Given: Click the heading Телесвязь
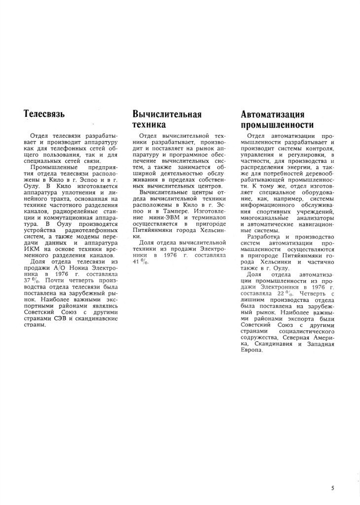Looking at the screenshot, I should click(45, 114).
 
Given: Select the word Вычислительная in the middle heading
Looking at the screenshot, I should click(167, 114).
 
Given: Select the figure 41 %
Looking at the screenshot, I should click(140, 262).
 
